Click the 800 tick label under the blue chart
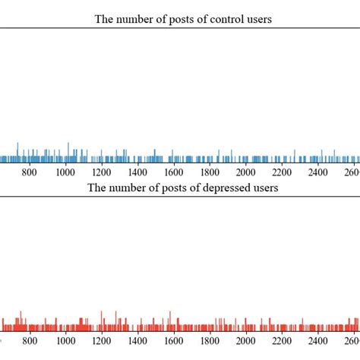point(30,172)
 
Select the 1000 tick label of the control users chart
point(66,172)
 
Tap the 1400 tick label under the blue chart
point(138,172)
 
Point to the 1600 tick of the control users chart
point(174,172)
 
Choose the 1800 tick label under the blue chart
point(210,172)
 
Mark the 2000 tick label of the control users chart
point(246,172)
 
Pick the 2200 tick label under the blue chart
point(282,172)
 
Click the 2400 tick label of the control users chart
point(318,172)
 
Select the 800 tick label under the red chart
point(30,340)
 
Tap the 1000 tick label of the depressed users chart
point(66,340)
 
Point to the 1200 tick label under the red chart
point(102,340)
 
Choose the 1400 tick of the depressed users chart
point(138,340)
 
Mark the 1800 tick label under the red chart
point(210,340)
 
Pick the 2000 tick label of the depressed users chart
point(246,340)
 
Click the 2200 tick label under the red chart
point(282,340)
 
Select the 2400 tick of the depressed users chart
point(318,340)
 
